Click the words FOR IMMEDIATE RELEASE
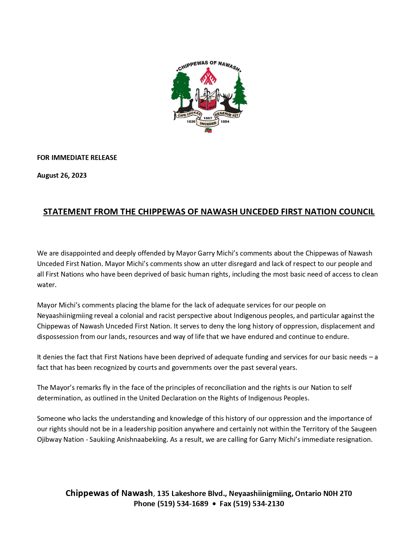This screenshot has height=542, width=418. coord(77,158)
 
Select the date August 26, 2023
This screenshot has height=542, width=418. coord(62,175)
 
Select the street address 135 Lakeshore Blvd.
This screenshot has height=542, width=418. coord(191,493)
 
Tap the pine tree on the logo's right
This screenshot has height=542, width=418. coord(240,92)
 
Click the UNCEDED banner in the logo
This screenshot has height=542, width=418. coord(208,124)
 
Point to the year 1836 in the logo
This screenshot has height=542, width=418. coord(191,122)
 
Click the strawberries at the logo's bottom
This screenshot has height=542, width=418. coord(208,131)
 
